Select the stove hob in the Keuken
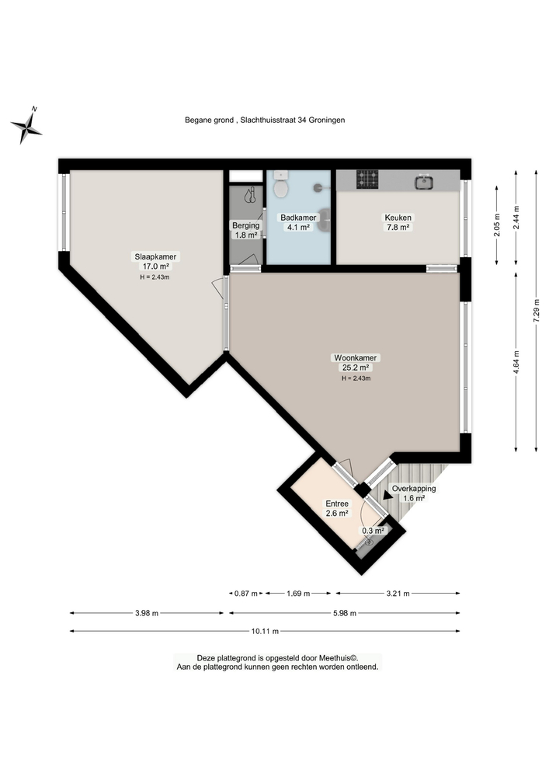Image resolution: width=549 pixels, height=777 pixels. click(x=368, y=180)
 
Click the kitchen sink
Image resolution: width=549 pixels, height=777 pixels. click(x=424, y=182)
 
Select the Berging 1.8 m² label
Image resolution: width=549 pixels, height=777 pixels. click(x=245, y=230)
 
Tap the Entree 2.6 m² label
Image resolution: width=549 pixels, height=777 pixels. click(x=336, y=508)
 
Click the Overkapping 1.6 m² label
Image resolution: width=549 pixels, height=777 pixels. click(x=413, y=493)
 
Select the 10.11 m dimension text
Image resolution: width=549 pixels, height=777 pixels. click(x=264, y=632)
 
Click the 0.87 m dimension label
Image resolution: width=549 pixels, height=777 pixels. click(x=246, y=594)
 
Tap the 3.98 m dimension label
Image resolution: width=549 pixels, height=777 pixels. click(x=147, y=613)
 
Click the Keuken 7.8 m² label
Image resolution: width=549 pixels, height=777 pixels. click(x=398, y=222)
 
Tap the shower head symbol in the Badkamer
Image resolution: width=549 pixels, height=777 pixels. click(x=320, y=186)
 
